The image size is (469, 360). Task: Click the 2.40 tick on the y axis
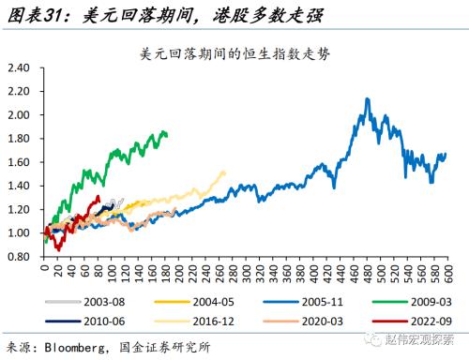pos(20,68)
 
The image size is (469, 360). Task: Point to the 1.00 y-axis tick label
pos(20,232)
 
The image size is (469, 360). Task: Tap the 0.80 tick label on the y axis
pos(20,256)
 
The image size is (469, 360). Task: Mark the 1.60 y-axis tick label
pos(20,162)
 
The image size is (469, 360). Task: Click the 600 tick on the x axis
pos(447,272)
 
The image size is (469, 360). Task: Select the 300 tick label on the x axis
pos(246,272)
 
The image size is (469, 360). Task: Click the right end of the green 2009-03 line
pos(166,134)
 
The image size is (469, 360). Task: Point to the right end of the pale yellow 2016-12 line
pos(224,172)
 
